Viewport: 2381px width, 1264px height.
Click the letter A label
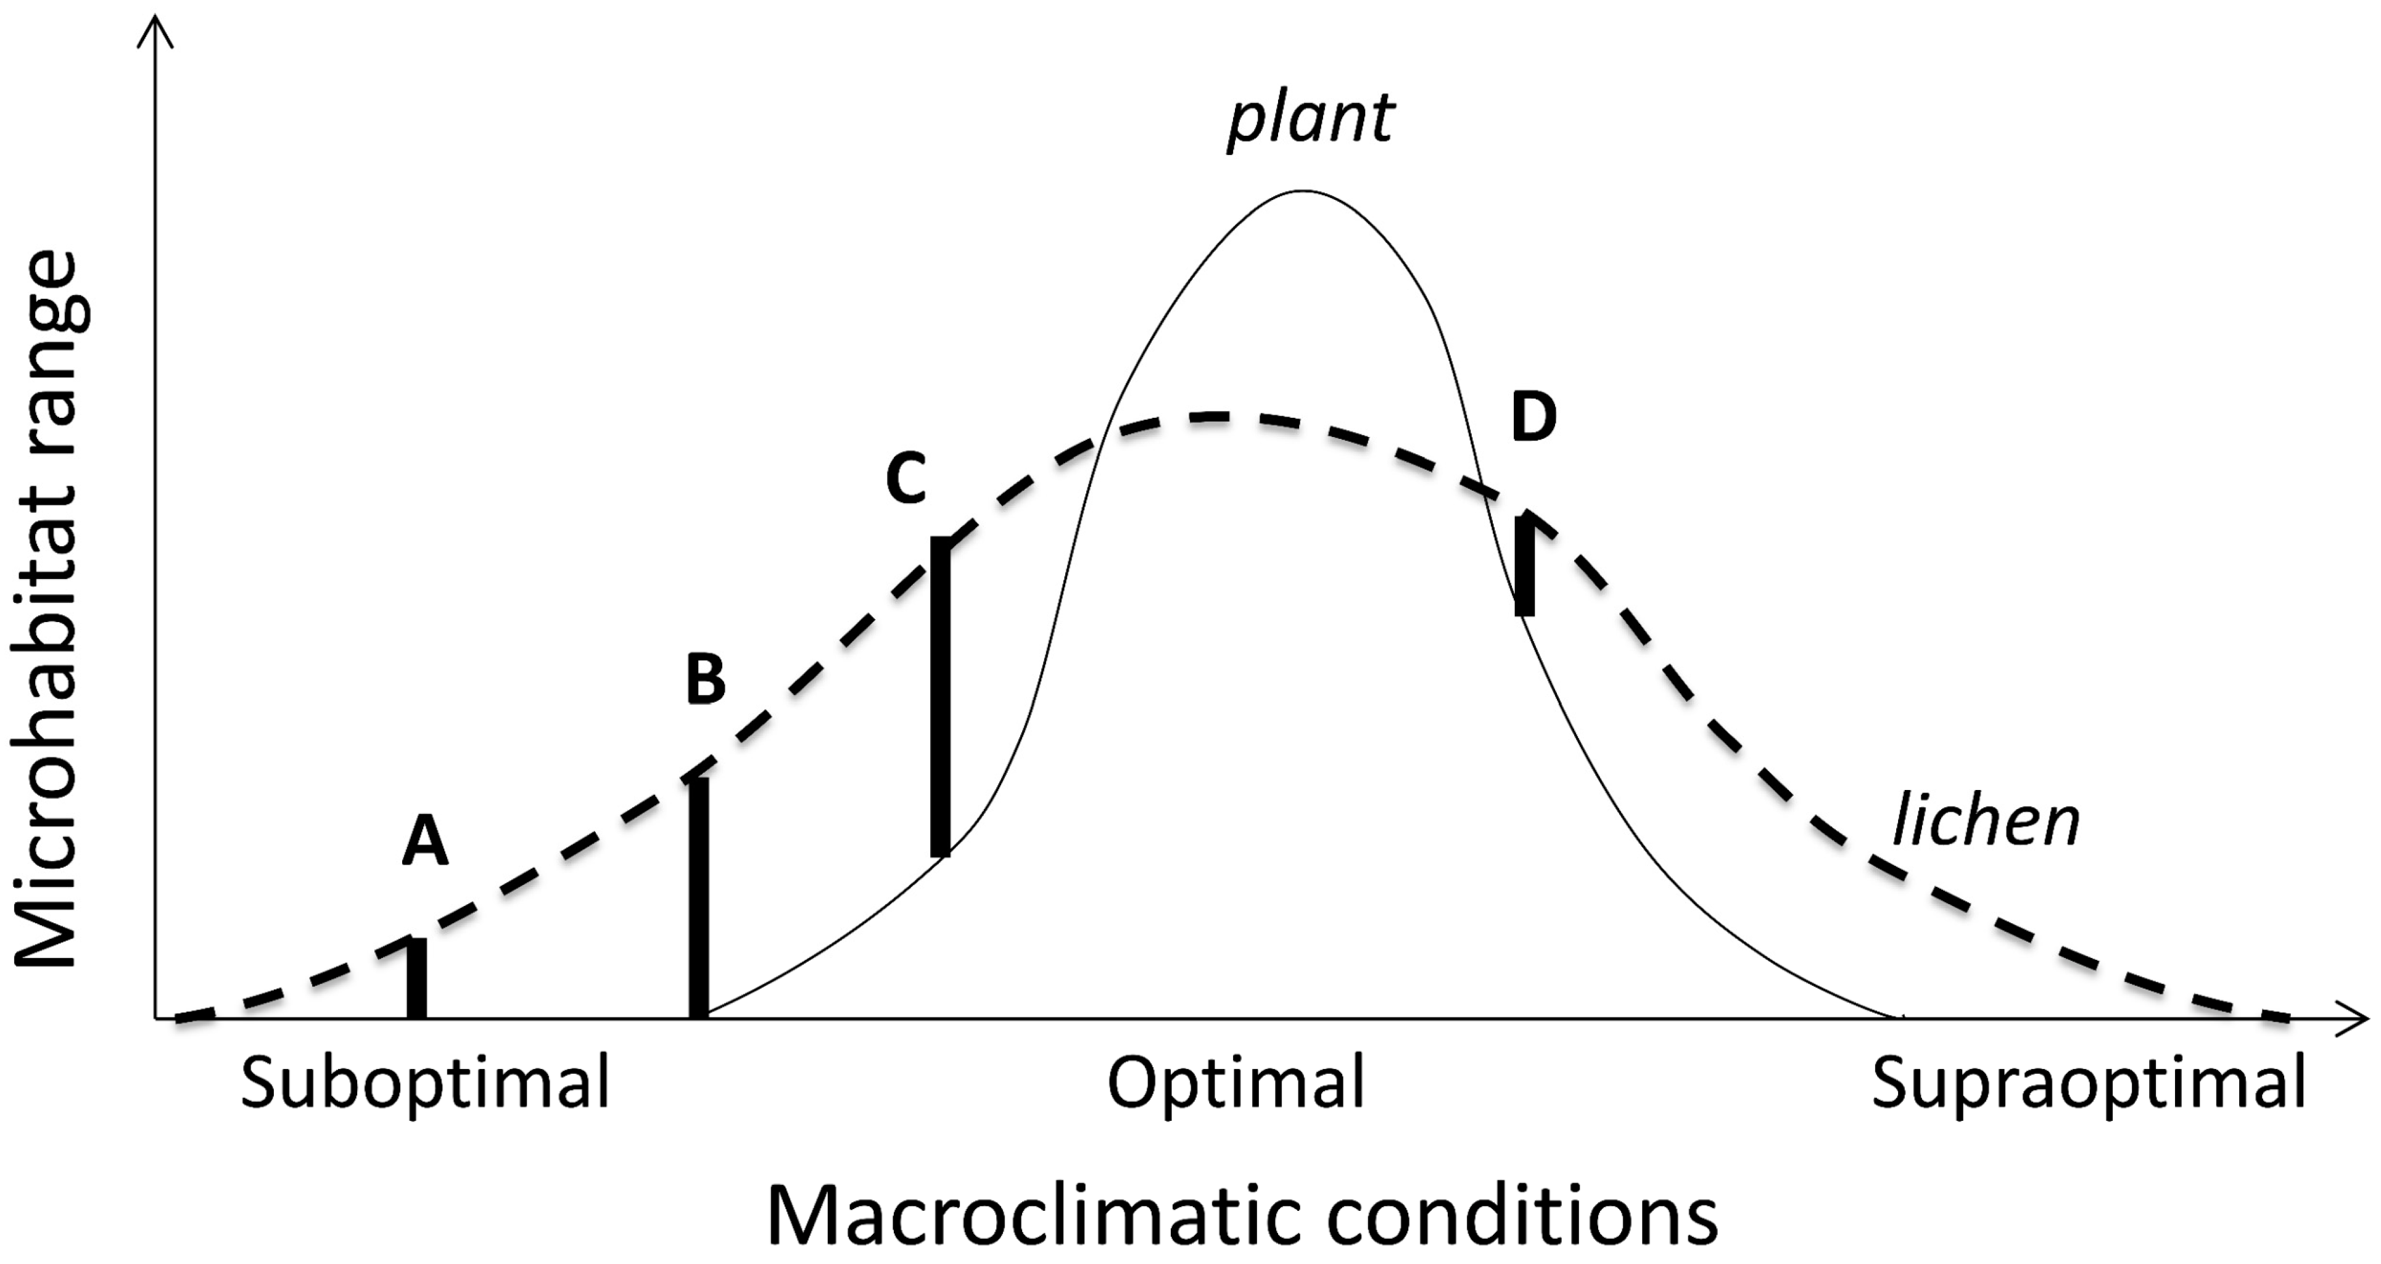pos(425,841)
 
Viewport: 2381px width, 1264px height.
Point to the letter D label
pos(1533,418)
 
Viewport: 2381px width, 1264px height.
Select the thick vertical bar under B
pos(699,897)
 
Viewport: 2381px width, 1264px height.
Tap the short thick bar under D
pos(1524,566)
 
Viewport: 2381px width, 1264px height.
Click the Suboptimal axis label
pos(425,1084)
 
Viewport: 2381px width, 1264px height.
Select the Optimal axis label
pos(1236,1084)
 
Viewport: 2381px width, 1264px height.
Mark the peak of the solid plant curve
pos(1302,191)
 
